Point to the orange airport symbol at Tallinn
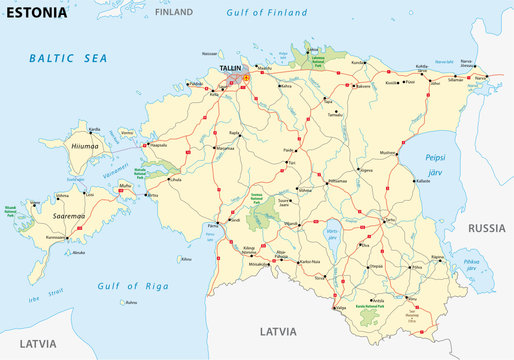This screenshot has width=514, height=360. (x=246, y=75)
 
